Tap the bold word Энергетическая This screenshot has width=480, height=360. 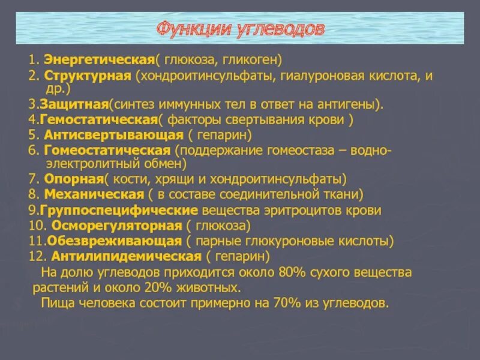(x=96, y=60)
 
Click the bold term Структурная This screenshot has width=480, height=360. (x=88, y=77)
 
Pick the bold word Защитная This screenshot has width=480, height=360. (x=74, y=104)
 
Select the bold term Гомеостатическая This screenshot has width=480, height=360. (x=108, y=149)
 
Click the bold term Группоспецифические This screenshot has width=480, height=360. (x=119, y=211)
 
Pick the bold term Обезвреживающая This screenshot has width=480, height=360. (x=111, y=241)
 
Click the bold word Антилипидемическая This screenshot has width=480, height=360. (x=126, y=257)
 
